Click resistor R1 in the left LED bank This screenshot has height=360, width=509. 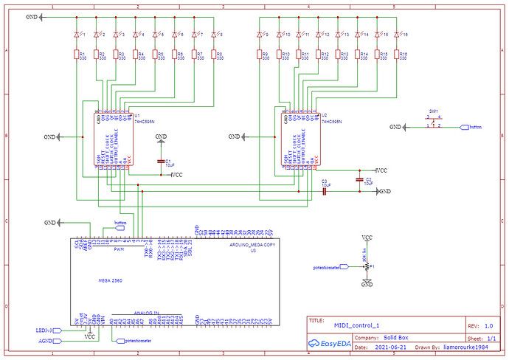click(x=77, y=55)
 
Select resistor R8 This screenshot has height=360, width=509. click(x=212, y=55)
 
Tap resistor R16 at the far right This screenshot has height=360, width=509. click(x=397, y=55)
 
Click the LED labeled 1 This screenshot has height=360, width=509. click(x=77, y=35)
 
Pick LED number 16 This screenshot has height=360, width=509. click(x=397, y=35)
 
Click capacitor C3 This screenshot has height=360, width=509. click(x=324, y=191)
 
